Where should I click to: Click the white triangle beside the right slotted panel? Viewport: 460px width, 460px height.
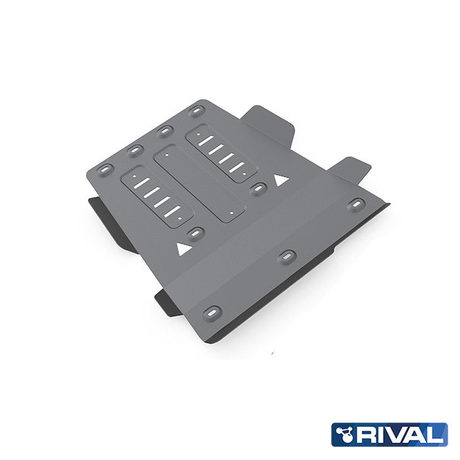tap(281, 178)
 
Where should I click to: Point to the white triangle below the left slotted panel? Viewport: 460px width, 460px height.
tap(182, 248)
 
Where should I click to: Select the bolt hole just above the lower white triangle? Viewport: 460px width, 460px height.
tap(195, 233)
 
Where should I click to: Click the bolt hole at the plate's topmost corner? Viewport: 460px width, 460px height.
tap(195, 110)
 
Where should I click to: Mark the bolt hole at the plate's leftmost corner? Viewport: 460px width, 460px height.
tap(105, 170)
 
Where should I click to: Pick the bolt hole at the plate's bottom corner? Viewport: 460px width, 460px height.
tap(212, 311)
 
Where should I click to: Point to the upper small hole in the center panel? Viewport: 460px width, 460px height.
tap(169, 156)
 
